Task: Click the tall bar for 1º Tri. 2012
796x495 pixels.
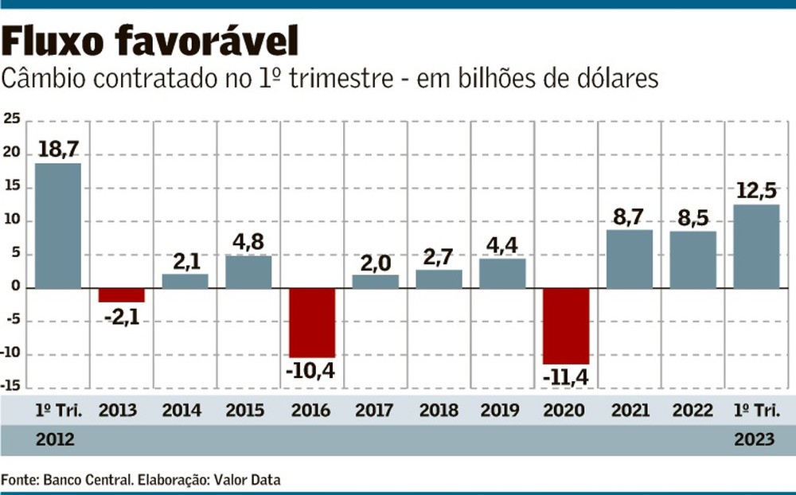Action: (57, 225)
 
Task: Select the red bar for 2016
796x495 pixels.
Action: (312, 322)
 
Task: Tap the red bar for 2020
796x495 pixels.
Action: (566, 325)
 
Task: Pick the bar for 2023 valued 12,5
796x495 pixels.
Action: (756, 246)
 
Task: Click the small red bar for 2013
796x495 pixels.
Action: (121, 294)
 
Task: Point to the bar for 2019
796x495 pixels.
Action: (502, 273)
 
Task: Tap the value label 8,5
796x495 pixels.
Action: (693, 218)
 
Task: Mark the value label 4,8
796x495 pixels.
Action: (248, 242)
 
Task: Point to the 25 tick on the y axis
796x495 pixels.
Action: (11, 119)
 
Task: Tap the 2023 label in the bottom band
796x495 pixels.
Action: (755, 440)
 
